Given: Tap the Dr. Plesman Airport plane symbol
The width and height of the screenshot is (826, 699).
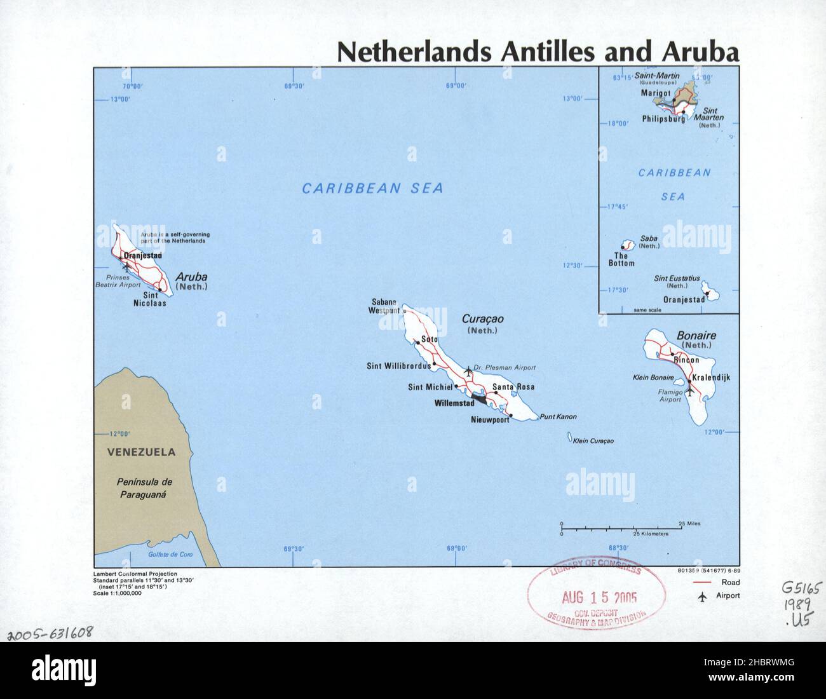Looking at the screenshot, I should coord(469,371).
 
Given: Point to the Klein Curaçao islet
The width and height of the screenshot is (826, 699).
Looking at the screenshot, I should coord(567,437).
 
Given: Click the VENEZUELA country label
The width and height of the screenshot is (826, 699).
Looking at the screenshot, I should coord(141,453).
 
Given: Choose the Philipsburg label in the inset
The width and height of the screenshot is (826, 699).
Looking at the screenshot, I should coord(663,119).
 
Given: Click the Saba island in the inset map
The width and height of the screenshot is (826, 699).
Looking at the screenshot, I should coord(628,245).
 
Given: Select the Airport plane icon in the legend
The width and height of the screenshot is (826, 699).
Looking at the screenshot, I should coord(702,596).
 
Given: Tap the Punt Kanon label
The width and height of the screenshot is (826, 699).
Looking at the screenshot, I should coord(558,417).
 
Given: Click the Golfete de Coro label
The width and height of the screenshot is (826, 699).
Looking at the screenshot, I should coord(170,555).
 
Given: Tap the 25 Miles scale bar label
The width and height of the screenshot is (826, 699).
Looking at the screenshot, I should coord(689,524).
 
